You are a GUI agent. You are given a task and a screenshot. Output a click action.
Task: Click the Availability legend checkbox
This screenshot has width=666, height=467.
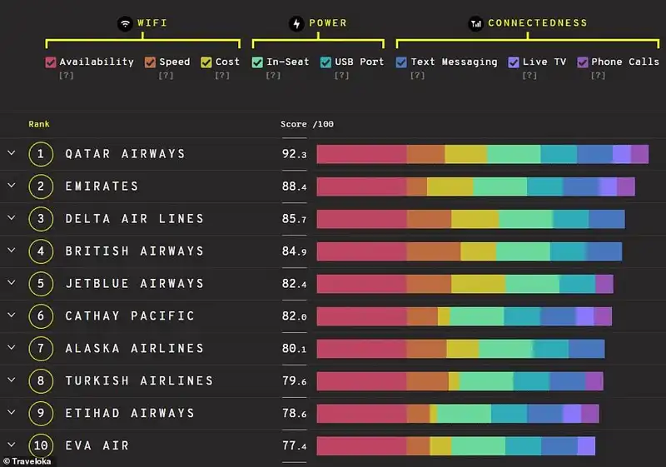50,62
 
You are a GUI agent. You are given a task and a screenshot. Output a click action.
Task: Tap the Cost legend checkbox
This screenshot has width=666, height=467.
206,62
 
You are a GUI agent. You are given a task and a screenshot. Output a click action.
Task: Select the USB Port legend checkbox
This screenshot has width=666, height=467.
326,62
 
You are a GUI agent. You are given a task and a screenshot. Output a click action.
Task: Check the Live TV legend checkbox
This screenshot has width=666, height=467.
514,62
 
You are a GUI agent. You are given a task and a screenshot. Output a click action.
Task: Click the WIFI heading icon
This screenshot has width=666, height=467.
125,23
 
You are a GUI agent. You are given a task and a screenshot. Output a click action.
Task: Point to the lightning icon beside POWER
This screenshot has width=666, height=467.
297,23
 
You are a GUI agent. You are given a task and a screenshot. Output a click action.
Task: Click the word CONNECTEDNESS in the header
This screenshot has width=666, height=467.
537,23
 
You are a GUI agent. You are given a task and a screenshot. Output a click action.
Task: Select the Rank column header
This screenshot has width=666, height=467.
39,124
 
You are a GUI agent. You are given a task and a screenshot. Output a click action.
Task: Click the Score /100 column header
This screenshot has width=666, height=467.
307,124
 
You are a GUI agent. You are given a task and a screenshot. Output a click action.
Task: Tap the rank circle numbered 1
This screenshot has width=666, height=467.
41,154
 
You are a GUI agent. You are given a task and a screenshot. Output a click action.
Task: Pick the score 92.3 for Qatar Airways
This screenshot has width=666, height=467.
294,154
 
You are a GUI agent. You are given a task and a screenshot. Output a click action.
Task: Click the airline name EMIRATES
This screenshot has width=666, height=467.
102,186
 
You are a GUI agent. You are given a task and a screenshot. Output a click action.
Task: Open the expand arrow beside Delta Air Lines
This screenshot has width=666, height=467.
12,218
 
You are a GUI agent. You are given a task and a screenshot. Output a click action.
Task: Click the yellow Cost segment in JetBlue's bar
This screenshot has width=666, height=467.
478,284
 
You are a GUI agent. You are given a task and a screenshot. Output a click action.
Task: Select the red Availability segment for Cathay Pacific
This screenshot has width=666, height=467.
361,316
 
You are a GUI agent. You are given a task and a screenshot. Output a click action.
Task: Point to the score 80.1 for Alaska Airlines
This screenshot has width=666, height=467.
294,349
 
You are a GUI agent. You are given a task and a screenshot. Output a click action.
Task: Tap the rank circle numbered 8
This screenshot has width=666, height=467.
41,381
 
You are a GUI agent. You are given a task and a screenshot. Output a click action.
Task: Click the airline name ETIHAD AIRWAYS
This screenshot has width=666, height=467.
130,414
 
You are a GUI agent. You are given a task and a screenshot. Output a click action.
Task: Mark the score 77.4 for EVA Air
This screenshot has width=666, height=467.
294,446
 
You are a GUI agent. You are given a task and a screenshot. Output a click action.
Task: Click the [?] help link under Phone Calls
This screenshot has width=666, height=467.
597,76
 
